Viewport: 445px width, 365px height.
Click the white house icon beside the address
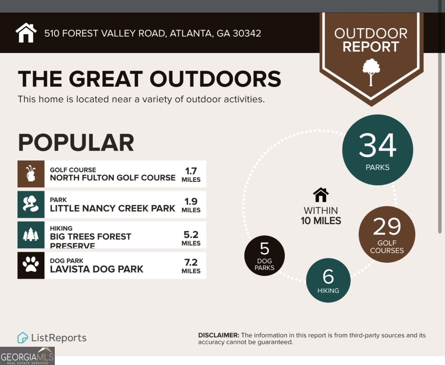coord(26,33)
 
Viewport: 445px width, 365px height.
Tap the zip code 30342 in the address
coord(246,33)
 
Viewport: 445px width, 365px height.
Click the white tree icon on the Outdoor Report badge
coord(371,72)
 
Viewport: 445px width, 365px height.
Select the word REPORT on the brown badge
coord(371,47)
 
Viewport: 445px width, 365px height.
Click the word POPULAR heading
coord(76,143)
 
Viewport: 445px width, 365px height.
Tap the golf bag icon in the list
coord(31,174)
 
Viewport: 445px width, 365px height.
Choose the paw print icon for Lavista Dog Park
coord(31,265)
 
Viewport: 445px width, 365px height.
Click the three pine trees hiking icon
coord(31,235)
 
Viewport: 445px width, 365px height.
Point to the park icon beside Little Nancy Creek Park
coord(31,204)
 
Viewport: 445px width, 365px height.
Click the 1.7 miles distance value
coord(191,174)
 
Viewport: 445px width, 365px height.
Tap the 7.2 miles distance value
coord(191,265)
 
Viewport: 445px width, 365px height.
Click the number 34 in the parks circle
coord(377,146)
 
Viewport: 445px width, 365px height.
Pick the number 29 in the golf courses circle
coord(387,227)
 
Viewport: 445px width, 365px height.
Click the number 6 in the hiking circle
coord(328,276)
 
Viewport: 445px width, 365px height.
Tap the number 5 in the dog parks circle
coord(264,249)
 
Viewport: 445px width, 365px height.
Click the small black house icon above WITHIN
coord(321,195)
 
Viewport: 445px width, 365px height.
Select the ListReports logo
coord(52,338)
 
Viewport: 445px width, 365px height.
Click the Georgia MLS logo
coord(27,356)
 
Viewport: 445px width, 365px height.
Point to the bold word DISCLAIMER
coord(219,335)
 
